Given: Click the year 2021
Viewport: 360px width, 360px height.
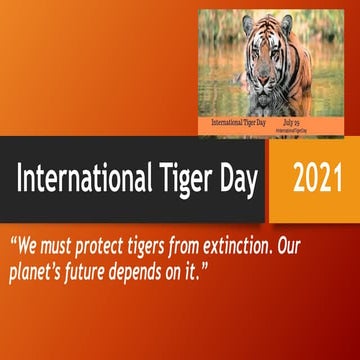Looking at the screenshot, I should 315,181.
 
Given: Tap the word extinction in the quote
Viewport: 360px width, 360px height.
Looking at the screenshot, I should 263,245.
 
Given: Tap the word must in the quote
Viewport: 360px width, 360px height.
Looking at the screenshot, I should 58,246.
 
